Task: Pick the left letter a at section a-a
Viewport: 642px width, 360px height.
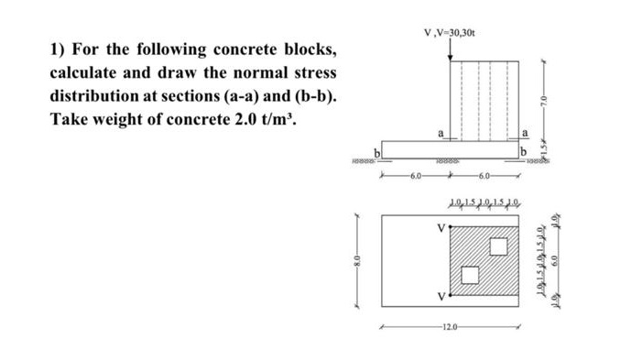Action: [x=441, y=134]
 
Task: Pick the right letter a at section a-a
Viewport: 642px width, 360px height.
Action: [x=524, y=134]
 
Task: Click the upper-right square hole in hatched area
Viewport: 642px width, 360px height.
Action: [x=498, y=246]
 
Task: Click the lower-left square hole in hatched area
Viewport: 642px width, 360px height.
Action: [x=469, y=275]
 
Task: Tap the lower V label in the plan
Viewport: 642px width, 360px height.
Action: [x=441, y=297]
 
